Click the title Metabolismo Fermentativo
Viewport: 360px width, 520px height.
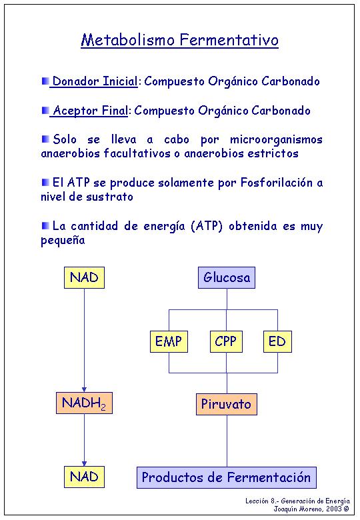coord(179,40)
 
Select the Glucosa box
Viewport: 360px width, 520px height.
coord(227,277)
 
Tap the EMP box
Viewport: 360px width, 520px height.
coord(169,341)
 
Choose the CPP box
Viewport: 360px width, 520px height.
coord(226,341)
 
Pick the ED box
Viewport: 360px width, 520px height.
coord(277,341)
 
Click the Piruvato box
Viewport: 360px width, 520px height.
coord(227,404)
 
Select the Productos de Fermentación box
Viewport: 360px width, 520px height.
coord(227,477)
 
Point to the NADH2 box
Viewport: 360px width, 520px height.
coord(84,403)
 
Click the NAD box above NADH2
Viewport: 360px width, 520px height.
coord(84,277)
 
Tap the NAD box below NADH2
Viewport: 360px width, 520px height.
coord(84,477)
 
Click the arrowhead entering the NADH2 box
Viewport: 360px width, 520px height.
coord(84,389)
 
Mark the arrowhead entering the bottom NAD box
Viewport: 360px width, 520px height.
coord(84,463)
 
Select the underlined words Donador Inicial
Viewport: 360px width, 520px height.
coord(95,81)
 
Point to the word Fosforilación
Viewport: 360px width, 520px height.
coord(277,183)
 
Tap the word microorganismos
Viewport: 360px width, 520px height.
coord(276,140)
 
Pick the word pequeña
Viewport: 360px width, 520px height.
coord(63,240)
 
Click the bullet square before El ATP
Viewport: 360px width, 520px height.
coord(45,182)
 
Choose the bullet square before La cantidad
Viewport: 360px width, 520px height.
coord(45,225)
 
